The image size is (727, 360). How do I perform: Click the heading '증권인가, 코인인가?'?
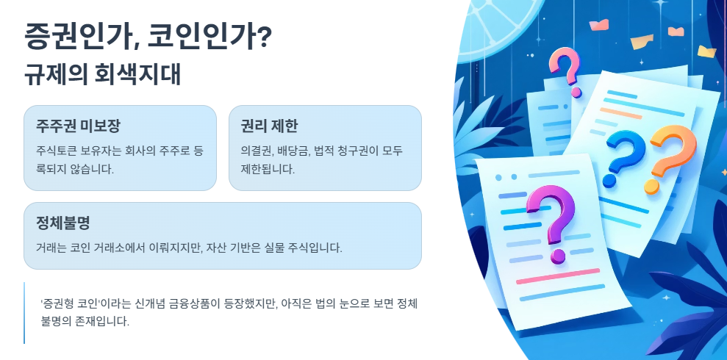[148, 35]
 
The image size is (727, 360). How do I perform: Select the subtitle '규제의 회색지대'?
[102, 75]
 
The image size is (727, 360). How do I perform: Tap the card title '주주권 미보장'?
[78, 126]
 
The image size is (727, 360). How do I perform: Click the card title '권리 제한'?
[269, 126]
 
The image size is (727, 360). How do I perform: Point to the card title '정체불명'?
[62, 223]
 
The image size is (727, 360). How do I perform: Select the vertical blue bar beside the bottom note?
[24, 313]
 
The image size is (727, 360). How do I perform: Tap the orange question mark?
[667, 157]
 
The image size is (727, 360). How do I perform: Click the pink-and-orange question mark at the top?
[565, 71]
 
